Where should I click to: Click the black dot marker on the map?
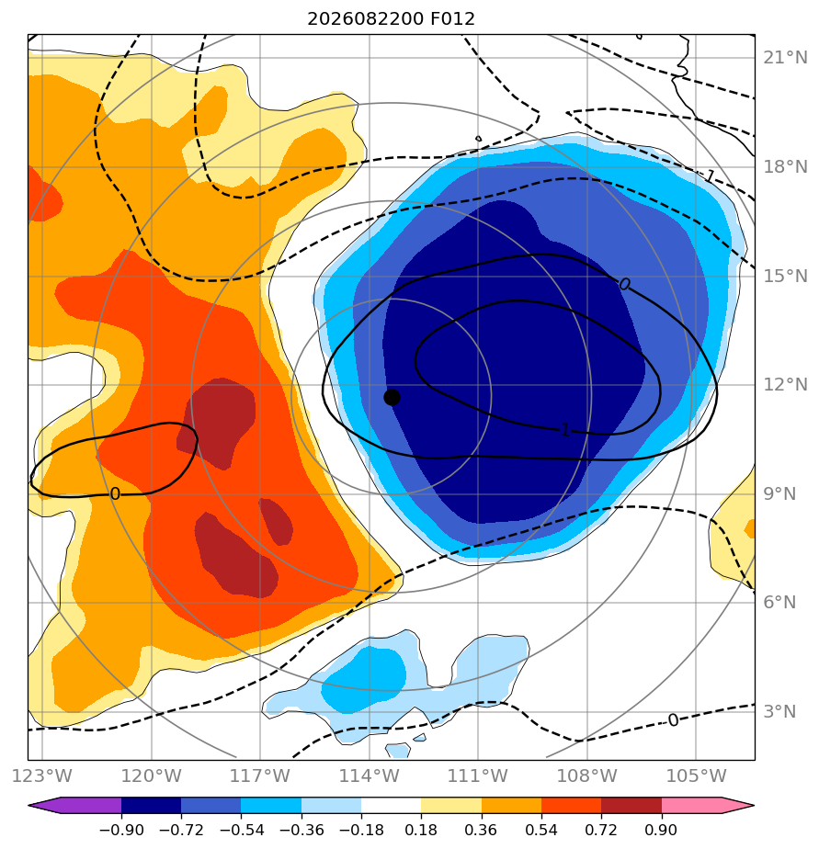coord(392,397)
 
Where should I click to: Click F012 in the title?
coord(452,19)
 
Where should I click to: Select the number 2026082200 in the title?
coord(365,19)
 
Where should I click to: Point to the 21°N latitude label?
coord(785,57)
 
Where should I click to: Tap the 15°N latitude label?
coord(785,276)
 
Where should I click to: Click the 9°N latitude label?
coord(780,493)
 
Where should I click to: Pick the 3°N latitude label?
coord(780,711)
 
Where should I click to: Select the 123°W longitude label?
coord(42,775)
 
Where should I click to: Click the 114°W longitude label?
coord(370,775)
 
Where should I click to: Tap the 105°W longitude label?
coord(696,775)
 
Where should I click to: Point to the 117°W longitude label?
coord(260,775)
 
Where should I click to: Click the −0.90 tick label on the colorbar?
coord(121,830)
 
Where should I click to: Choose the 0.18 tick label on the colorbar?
coord(421,830)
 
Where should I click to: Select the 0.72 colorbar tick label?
coord(601,830)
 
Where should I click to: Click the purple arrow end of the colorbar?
coord(74,806)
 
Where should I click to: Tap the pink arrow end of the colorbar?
coord(708,806)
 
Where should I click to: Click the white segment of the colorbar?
coord(391,806)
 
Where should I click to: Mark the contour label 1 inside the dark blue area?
coord(565,430)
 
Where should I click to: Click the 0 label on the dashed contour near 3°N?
coord(673,720)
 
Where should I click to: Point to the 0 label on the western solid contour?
coord(115,493)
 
